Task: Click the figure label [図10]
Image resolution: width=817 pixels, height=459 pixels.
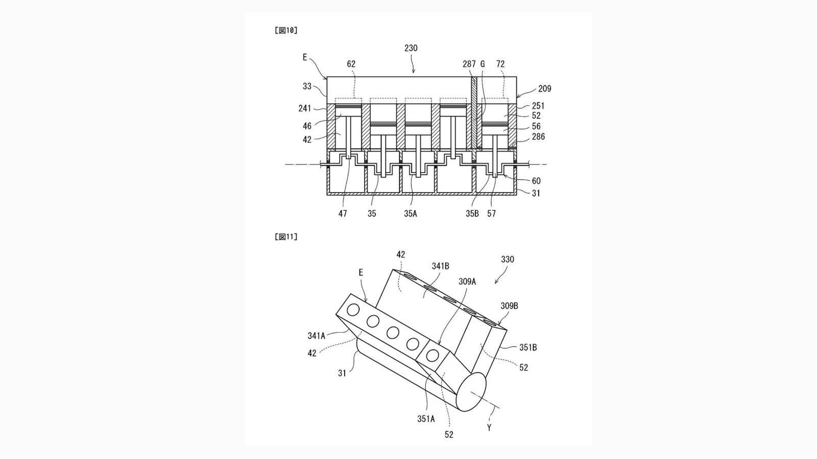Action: (x=286, y=31)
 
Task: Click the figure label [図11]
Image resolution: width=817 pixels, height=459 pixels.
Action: (x=286, y=237)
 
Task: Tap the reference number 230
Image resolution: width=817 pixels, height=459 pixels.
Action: (x=411, y=48)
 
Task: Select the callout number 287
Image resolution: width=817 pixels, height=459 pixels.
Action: (x=469, y=64)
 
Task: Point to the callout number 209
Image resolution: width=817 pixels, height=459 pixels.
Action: (x=545, y=89)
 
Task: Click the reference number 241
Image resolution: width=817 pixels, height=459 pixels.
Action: (x=304, y=108)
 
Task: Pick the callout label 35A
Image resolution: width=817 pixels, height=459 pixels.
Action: (x=411, y=213)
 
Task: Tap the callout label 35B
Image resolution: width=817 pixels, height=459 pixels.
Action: (x=472, y=213)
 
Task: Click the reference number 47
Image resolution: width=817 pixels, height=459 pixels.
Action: (x=343, y=213)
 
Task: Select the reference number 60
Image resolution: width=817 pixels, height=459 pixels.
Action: (x=536, y=181)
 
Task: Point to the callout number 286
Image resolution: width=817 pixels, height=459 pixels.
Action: (x=538, y=137)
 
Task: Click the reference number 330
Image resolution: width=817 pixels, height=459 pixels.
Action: (x=508, y=259)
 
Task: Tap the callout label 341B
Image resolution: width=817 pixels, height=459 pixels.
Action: (x=441, y=267)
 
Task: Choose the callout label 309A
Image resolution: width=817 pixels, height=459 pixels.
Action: (x=467, y=282)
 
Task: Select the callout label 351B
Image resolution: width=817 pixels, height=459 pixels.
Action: (x=528, y=348)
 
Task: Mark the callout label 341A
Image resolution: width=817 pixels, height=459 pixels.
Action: (x=316, y=336)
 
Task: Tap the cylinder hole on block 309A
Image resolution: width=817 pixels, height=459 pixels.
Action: (x=432, y=355)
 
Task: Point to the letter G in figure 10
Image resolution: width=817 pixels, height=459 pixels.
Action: (x=483, y=64)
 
